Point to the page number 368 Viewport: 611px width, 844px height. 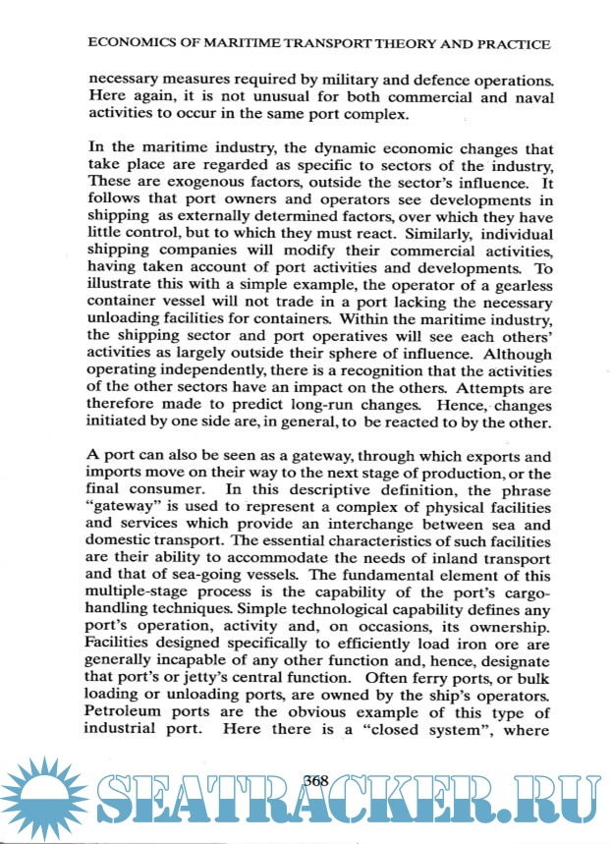click(316, 780)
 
